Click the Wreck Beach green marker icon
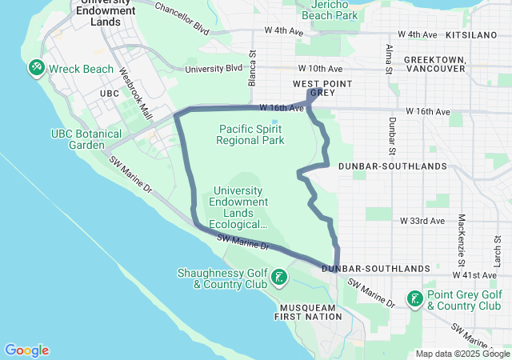point(37,69)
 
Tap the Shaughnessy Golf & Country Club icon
point(278,278)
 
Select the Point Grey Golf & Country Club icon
point(414,299)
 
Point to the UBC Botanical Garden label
point(86,139)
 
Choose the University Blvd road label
point(213,69)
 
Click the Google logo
point(26,350)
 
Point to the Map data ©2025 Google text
point(462,354)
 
